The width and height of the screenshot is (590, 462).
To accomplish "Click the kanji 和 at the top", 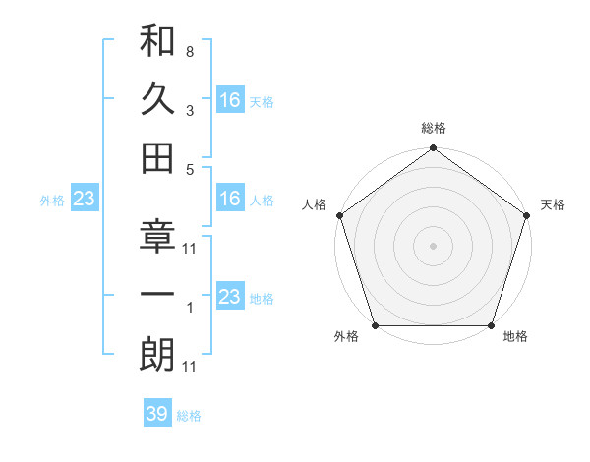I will (x=157, y=42).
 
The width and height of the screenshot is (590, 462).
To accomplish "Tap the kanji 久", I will (x=157, y=99).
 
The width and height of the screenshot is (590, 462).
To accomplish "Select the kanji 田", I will (x=157, y=157).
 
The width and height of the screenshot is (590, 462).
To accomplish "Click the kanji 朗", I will (x=157, y=355).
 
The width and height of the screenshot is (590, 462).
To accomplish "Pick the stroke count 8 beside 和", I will (x=189, y=51).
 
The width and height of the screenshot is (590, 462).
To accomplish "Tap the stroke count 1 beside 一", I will (x=189, y=309).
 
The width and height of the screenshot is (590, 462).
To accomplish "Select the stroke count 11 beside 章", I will (x=190, y=249).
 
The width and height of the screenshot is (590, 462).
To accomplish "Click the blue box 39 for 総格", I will (x=157, y=414).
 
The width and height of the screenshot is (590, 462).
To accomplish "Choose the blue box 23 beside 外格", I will (x=85, y=200).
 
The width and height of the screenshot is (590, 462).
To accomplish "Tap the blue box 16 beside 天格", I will (x=230, y=99).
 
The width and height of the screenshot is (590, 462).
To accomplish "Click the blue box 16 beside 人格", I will (x=230, y=200).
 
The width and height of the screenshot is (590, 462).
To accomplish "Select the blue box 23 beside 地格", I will (x=230, y=297).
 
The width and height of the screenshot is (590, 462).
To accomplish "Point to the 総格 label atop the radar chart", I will (x=433, y=129).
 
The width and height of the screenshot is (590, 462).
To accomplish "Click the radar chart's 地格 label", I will (x=515, y=337).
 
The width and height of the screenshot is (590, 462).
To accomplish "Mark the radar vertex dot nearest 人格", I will (x=339, y=214).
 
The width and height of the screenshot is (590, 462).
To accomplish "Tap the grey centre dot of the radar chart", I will (x=433, y=245).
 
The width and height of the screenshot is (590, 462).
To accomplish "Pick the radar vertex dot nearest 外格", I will (x=375, y=325).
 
